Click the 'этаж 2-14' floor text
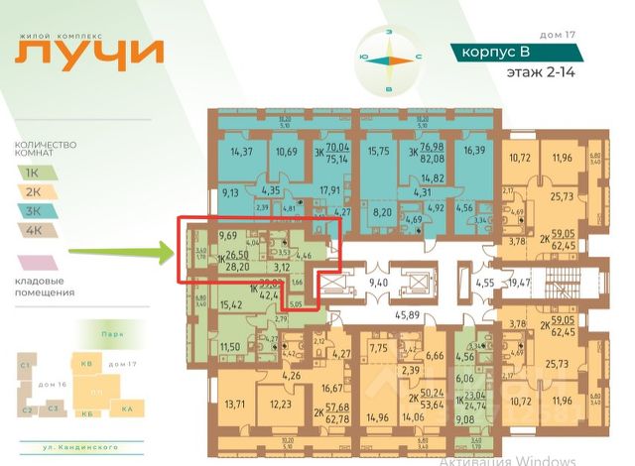(x=540, y=72)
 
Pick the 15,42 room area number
(x=230, y=304)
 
